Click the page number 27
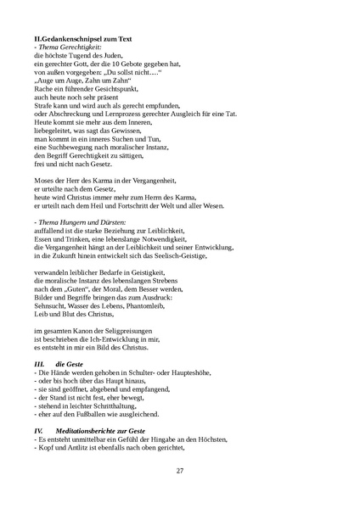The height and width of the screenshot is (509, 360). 180,471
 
